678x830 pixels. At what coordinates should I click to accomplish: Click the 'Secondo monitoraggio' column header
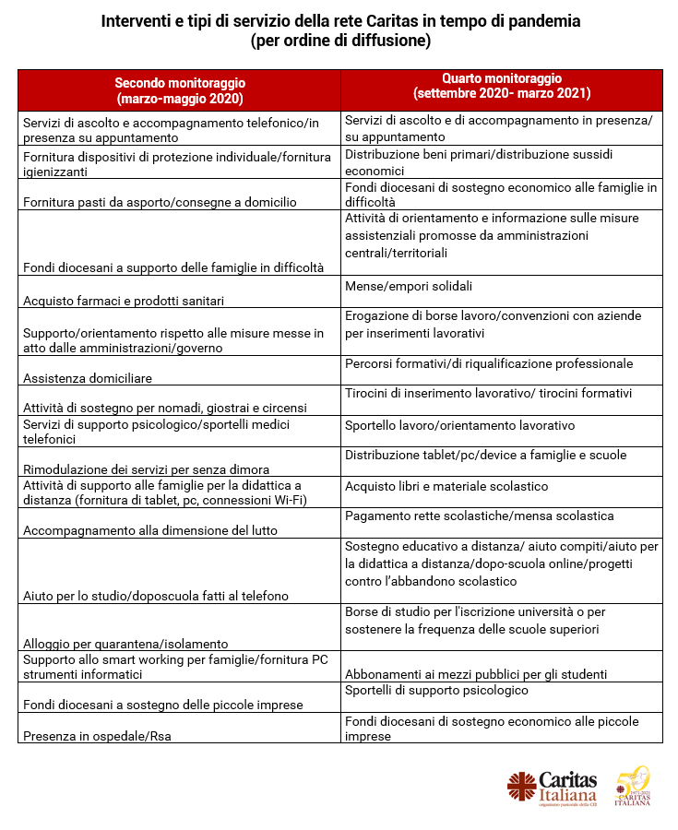coord(180,90)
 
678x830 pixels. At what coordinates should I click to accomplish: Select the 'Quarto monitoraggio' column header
coord(502,87)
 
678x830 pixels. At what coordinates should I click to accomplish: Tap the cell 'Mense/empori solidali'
coord(409,286)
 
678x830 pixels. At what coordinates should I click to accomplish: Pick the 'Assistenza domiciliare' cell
coord(88,377)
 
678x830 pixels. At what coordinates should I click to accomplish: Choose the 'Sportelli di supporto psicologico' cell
coord(436,690)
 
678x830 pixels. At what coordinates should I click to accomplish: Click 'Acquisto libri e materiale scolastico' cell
coord(446,486)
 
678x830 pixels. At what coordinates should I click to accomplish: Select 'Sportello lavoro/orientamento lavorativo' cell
coord(459,425)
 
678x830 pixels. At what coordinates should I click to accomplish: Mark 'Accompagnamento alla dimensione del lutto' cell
coord(150,530)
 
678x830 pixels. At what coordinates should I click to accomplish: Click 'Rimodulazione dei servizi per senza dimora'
coord(146,468)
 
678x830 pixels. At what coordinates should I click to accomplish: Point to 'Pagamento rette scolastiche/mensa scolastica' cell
coord(479,516)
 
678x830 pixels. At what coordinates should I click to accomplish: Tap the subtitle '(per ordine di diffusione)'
coord(339,42)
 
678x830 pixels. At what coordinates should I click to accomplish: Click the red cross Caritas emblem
coord(520,786)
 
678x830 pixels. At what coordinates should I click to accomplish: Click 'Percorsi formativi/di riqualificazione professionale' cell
coord(489,363)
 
